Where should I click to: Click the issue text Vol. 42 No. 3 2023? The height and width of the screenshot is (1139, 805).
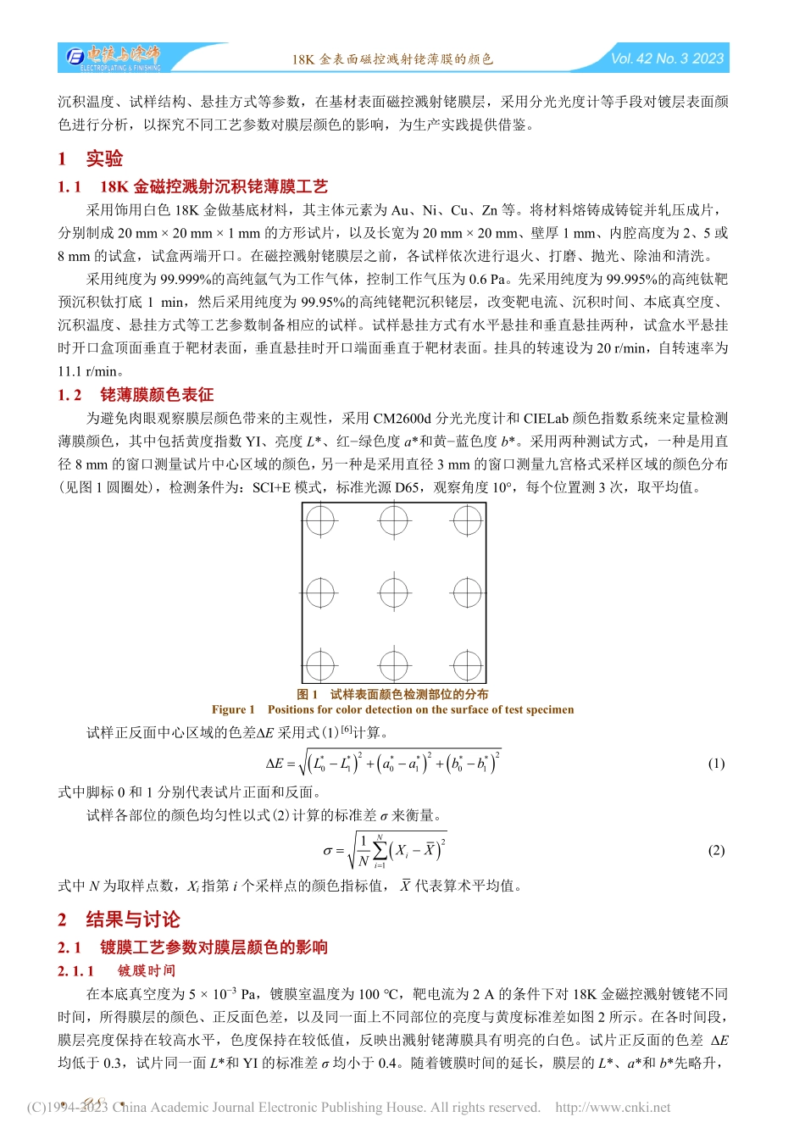(x=667, y=58)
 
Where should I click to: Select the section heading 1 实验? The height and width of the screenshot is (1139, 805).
(x=91, y=158)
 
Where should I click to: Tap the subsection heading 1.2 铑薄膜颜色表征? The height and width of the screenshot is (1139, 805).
(x=136, y=395)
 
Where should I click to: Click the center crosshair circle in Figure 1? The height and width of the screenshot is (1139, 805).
(x=394, y=593)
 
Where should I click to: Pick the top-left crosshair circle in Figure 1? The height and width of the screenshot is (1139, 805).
(x=320, y=519)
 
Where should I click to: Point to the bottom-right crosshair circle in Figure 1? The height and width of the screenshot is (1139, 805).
(x=467, y=666)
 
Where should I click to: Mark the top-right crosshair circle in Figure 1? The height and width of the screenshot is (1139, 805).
(x=467, y=519)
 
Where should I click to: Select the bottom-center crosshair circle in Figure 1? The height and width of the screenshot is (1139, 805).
(x=394, y=666)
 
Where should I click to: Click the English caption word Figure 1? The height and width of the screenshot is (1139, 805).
(x=233, y=710)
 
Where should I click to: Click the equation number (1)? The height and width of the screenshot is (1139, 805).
(x=716, y=764)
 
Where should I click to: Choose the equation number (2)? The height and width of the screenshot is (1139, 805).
(x=716, y=851)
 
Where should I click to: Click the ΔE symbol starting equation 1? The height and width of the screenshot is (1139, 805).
(x=275, y=764)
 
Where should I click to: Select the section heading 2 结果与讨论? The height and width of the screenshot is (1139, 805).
(x=119, y=920)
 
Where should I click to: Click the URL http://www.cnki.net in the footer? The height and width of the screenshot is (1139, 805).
(x=613, y=1108)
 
